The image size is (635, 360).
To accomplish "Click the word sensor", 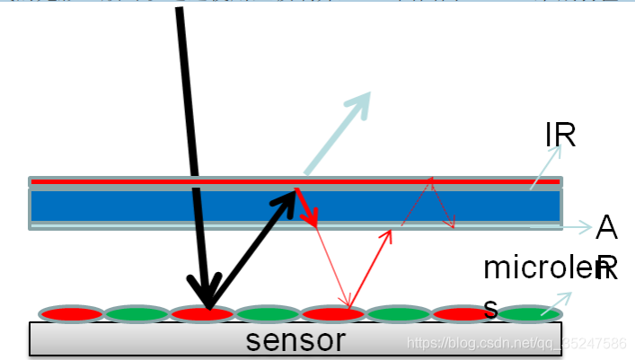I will click(x=295, y=340).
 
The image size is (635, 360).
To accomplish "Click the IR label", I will click(x=560, y=136).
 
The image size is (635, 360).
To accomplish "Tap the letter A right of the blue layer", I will click(x=607, y=229).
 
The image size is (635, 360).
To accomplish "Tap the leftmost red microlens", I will click(x=71, y=314).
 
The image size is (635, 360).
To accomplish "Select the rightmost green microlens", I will click(x=529, y=314).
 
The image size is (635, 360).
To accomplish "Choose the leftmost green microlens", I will click(x=137, y=314).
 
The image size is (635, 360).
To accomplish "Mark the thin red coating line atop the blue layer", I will click(x=135, y=181).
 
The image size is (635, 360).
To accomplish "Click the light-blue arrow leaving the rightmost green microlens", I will click(x=558, y=301).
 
